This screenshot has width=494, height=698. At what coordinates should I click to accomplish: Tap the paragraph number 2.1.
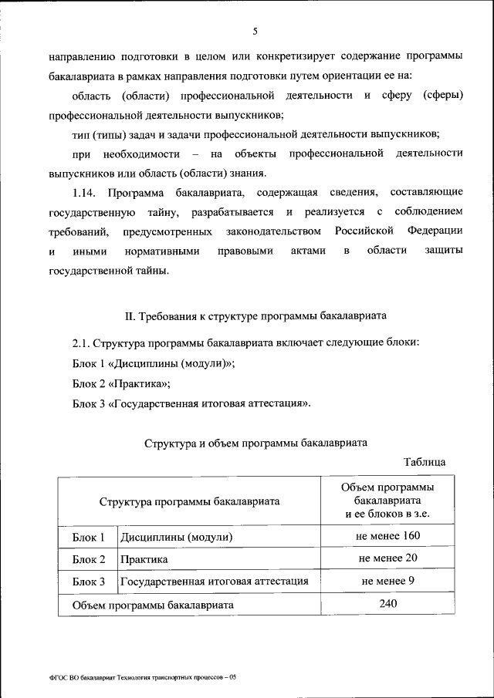[x=82, y=342]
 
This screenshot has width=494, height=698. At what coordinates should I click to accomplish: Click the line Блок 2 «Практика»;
[x=121, y=383]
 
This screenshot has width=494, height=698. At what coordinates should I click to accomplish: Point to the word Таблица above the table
[x=424, y=462]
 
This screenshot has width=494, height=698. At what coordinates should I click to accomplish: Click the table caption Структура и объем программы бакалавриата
[x=255, y=443]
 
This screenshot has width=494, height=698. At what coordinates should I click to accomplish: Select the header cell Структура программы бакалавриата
[x=189, y=501]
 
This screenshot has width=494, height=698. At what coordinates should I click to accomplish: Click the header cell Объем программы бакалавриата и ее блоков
[x=387, y=501]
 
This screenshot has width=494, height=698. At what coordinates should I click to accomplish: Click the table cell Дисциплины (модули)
[x=175, y=537]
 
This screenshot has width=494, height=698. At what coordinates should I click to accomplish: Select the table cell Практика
[x=144, y=559]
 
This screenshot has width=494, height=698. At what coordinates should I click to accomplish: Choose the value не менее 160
[x=387, y=536]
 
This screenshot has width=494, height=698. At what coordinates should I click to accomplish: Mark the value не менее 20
[x=387, y=558]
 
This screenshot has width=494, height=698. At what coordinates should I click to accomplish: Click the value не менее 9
[x=387, y=581]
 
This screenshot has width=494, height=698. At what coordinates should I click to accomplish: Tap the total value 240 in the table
[x=387, y=604]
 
